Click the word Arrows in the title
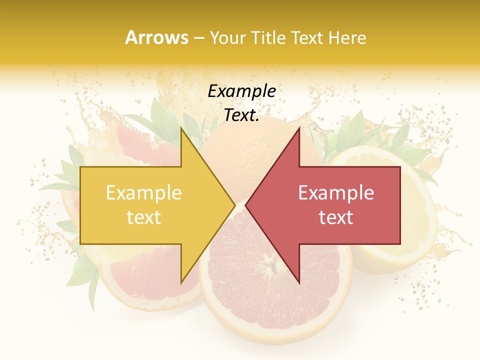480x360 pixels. click(x=156, y=37)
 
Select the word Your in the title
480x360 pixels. click(x=227, y=37)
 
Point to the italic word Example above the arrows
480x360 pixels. click(x=241, y=91)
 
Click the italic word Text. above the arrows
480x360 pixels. click(x=241, y=115)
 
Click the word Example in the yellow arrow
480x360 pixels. click(x=143, y=193)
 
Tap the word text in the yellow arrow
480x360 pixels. click(x=143, y=217)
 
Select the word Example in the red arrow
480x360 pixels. click(x=336, y=193)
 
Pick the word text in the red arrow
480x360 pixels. click(x=336, y=217)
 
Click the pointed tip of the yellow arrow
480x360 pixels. click(x=235, y=205)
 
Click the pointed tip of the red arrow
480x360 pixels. click(x=245, y=205)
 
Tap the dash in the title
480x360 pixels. click(x=198, y=38)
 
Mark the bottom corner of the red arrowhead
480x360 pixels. click(x=299, y=283)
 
